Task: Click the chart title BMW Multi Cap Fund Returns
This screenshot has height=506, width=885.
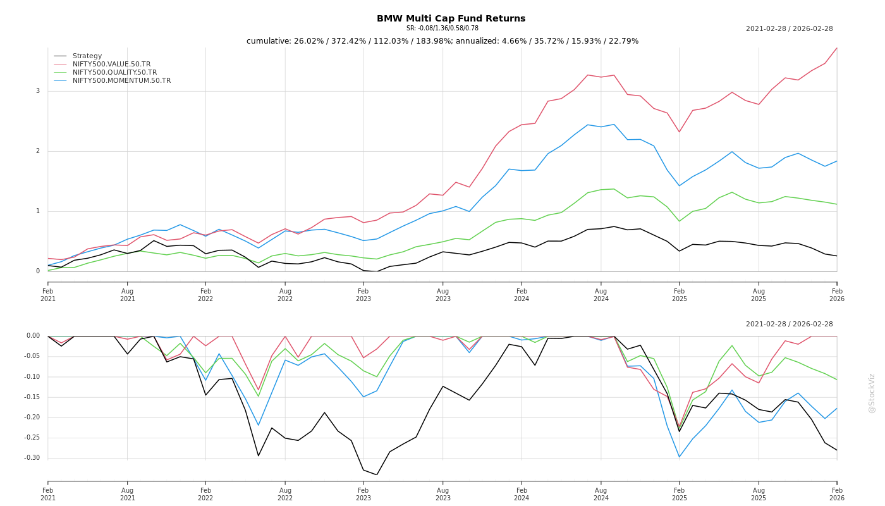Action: [451, 18]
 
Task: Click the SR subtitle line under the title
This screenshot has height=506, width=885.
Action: [442, 28]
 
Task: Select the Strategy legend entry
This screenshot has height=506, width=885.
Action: [87, 56]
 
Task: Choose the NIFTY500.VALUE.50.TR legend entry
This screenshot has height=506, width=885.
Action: [111, 65]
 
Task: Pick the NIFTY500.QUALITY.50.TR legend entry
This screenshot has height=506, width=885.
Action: [114, 73]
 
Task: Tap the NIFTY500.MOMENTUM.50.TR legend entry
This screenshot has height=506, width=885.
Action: [121, 81]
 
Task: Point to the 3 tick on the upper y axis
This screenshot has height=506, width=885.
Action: [38, 91]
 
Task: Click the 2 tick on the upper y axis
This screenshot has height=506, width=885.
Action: [38, 151]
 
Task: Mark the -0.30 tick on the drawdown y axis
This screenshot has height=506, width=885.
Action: [32, 458]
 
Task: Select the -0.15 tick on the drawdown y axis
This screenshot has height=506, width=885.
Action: [32, 397]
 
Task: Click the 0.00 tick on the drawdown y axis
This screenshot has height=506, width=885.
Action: [34, 336]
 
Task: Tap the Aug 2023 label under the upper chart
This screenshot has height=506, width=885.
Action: [442, 295]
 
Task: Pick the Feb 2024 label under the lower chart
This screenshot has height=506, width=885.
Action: [522, 494]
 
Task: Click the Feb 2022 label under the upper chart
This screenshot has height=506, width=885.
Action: [205, 295]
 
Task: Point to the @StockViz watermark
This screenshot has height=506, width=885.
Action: [872, 393]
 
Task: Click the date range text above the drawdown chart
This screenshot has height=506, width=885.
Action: [789, 324]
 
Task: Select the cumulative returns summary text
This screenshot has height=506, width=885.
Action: [442, 41]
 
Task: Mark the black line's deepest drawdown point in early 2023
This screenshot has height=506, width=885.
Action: [377, 475]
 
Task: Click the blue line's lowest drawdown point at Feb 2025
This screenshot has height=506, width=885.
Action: [680, 457]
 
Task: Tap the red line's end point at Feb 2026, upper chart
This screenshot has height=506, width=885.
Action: [837, 48]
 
